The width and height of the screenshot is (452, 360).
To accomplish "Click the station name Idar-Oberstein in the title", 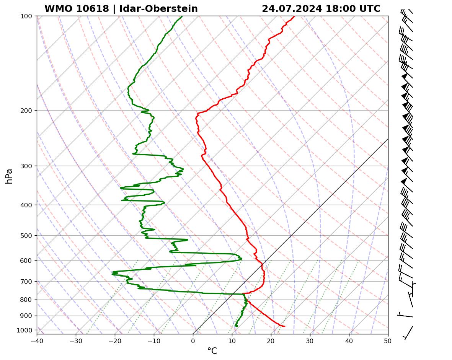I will (158, 9).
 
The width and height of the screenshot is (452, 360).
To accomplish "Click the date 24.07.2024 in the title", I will (292, 9).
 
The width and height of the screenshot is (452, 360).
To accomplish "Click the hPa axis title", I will (9, 176).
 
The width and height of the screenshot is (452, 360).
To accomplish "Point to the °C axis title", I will (212, 351).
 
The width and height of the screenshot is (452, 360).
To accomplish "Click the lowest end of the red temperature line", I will (284, 326).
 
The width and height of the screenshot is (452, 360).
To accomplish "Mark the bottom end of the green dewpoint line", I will (236, 326).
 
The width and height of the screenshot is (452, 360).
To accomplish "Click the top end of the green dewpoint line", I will (182, 16).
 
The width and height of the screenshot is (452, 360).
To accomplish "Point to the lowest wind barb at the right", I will (408, 332).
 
